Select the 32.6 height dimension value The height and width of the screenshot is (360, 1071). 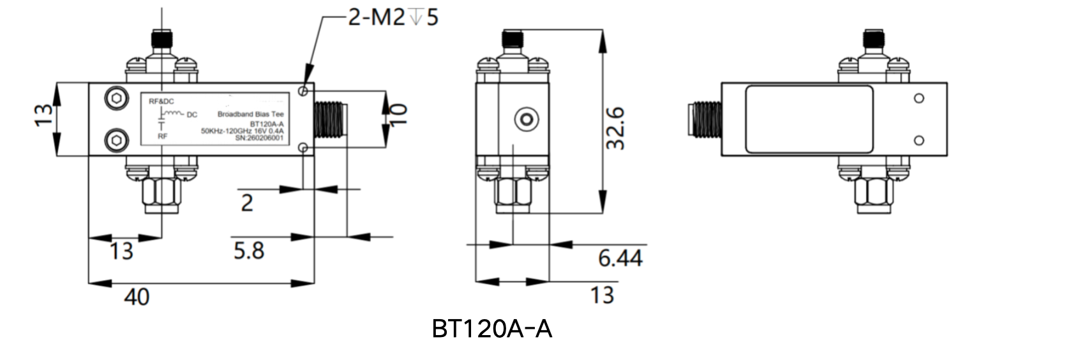click(615, 128)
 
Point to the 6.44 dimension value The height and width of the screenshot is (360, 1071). click(620, 258)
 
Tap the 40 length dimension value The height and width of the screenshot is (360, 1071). click(137, 297)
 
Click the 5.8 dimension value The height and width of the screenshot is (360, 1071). click(249, 250)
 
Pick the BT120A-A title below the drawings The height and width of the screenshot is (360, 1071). click(492, 329)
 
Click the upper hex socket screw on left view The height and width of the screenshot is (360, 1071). click(116, 99)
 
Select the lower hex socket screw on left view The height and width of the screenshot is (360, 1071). click(116, 140)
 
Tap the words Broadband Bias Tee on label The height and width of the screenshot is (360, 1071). click(251, 114)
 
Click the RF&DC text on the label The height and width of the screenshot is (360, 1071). click(161, 101)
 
